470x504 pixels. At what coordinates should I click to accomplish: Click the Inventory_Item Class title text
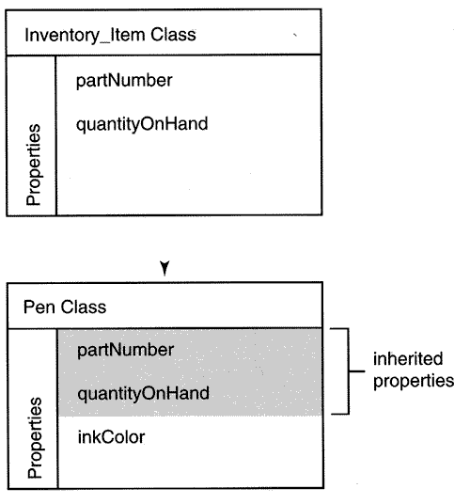(x=110, y=35)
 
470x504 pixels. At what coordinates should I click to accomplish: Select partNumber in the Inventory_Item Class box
(x=124, y=80)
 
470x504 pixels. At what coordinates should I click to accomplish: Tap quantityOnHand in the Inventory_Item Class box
(x=142, y=124)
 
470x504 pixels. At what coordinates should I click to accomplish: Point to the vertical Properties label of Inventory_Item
(x=34, y=165)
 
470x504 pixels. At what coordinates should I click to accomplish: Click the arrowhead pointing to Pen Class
(x=164, y=268)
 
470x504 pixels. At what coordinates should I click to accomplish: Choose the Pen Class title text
(x=65, y=307)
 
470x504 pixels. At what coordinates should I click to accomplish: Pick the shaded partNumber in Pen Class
(x=126, y=350)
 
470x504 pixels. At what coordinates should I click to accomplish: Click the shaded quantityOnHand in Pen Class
(x=143, y=393)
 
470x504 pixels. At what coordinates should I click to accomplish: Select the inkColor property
(x=111, y=437)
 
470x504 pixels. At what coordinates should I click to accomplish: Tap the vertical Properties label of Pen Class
(x=35, y=438)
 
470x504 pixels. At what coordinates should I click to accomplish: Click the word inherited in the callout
(x=408, y=358)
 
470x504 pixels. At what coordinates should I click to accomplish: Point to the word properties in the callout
(x=414, y=382)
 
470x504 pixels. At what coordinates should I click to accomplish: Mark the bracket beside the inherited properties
(x=349, y=371)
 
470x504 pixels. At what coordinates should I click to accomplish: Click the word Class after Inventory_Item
(x=173, y=35)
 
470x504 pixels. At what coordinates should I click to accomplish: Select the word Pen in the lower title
(x=39, y=307)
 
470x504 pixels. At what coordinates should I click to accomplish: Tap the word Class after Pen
(x=84, y=307)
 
